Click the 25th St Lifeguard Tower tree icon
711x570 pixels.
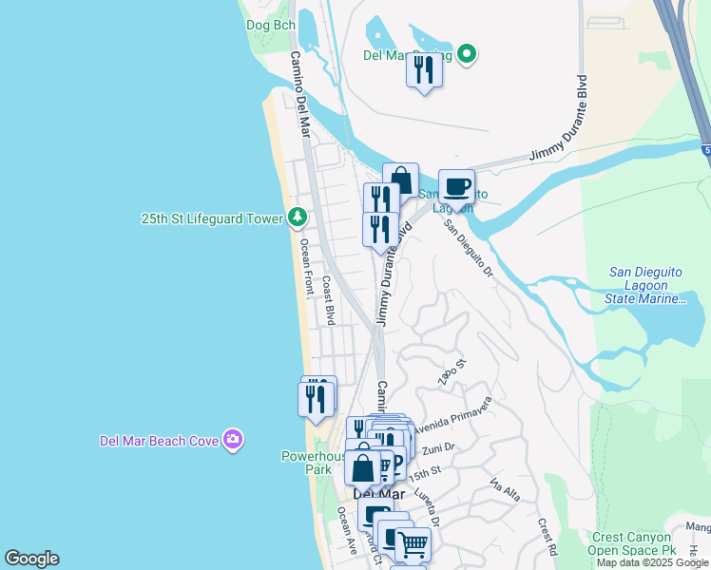pos(298,218)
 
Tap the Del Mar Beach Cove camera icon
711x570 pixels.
pos(232,440)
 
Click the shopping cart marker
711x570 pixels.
pos(413,545)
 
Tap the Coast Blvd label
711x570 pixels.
pos(328,300)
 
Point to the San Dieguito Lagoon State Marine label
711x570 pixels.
pos(646,285)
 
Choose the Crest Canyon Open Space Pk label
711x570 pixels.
pos(634,543)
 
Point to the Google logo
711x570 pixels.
pos(31,559)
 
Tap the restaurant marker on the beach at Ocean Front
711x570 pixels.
pos(317,399)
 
